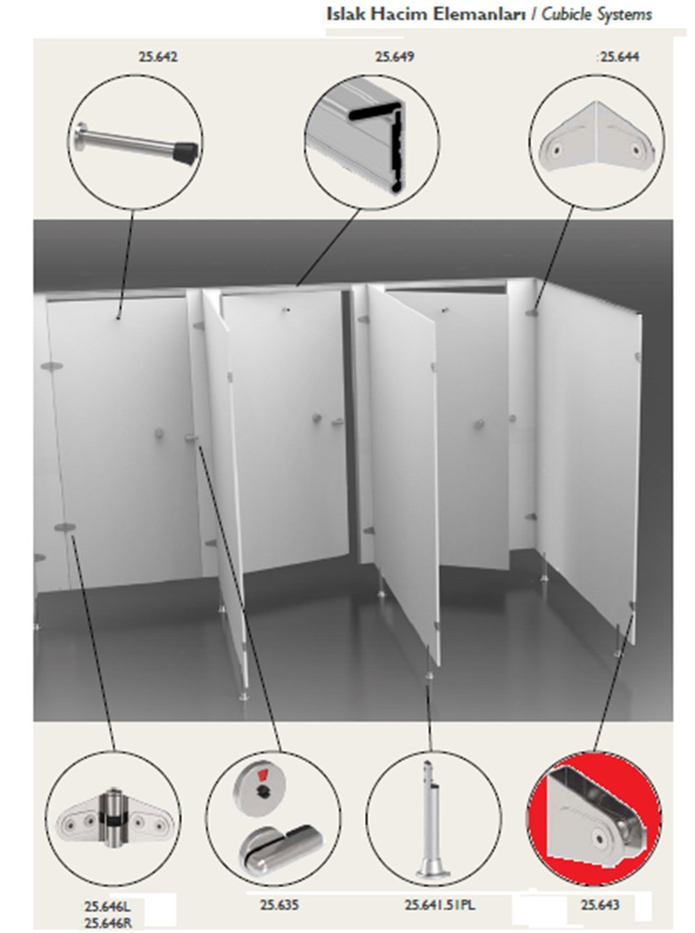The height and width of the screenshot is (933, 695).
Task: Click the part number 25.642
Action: point(158,57)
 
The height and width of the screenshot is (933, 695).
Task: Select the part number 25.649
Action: point(395,57)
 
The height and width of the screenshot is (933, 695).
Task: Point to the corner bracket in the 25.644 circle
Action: point(596,136)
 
